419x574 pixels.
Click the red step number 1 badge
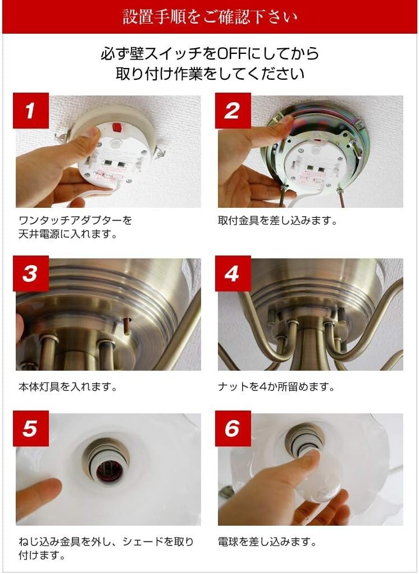pos(31,111)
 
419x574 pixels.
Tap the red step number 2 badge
pos(233,111)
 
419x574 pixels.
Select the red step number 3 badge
pos(31,274)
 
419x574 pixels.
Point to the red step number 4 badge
pos(233,274)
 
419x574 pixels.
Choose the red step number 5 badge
pos(31,429)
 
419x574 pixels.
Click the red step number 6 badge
pos(233,429)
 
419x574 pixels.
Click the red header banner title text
pos(210,17)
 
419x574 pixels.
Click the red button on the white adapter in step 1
pos(117,127)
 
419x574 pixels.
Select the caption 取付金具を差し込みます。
pos(277,221)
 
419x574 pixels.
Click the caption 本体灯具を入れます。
pos(68,386)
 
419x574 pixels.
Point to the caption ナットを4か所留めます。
pos(276,386)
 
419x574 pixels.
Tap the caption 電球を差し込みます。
pos(267,541)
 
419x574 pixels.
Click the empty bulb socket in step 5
pos(107,461)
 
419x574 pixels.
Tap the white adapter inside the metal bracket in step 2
pos(315,165)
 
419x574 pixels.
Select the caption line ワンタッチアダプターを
pos(75,221)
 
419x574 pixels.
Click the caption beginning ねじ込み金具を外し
pos(106,548)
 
